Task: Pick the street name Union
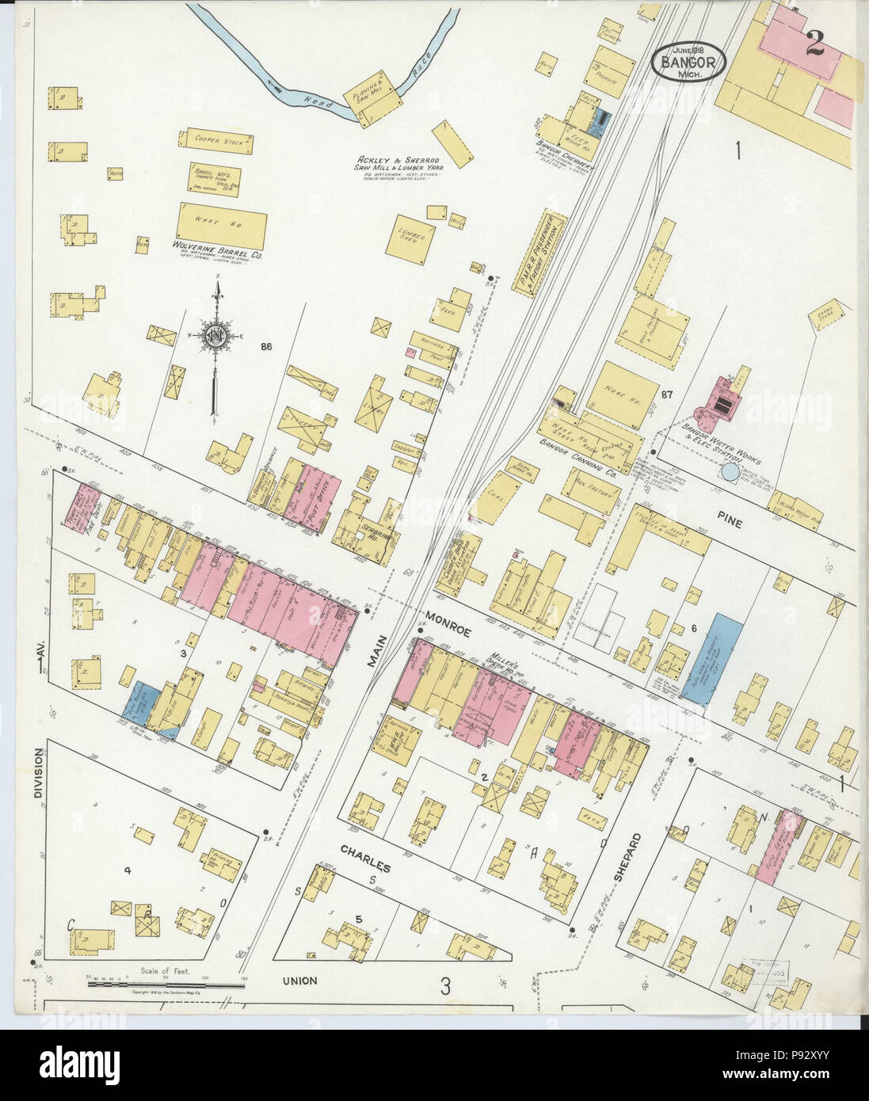click(x=298, y=981)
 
